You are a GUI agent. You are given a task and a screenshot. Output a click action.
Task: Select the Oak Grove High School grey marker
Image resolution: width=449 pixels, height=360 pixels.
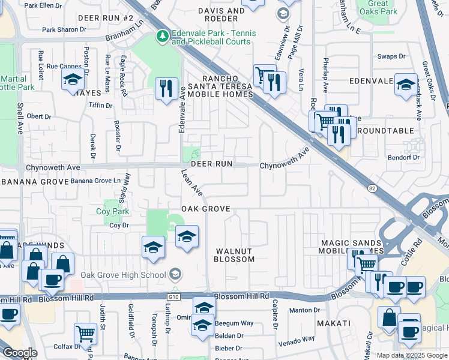[x=175, y=275]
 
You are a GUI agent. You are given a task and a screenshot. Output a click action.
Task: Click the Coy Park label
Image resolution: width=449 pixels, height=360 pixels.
[x=113, y=211]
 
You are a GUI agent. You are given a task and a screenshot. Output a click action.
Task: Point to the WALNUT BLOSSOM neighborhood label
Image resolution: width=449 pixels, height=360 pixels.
[x=235, y=254]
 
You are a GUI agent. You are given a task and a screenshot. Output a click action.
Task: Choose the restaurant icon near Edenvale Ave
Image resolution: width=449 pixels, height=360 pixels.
[x=164, y=88]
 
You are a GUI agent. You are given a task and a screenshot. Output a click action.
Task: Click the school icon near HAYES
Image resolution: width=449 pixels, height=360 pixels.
[x=73, y=79]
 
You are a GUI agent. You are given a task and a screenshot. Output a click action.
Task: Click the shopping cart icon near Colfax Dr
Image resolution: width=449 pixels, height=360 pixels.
[x=85, y=333]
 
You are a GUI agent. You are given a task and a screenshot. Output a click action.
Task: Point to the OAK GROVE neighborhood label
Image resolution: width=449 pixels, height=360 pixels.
[x=207, y=209]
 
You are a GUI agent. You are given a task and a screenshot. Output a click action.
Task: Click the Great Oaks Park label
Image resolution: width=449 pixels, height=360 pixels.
[x=376, y=7]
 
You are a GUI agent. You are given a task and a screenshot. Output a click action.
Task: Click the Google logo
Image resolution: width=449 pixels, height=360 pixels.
[x=19, y=353]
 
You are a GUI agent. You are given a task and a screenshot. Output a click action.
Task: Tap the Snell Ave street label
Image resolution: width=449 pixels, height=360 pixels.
[x=20, y=121]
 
